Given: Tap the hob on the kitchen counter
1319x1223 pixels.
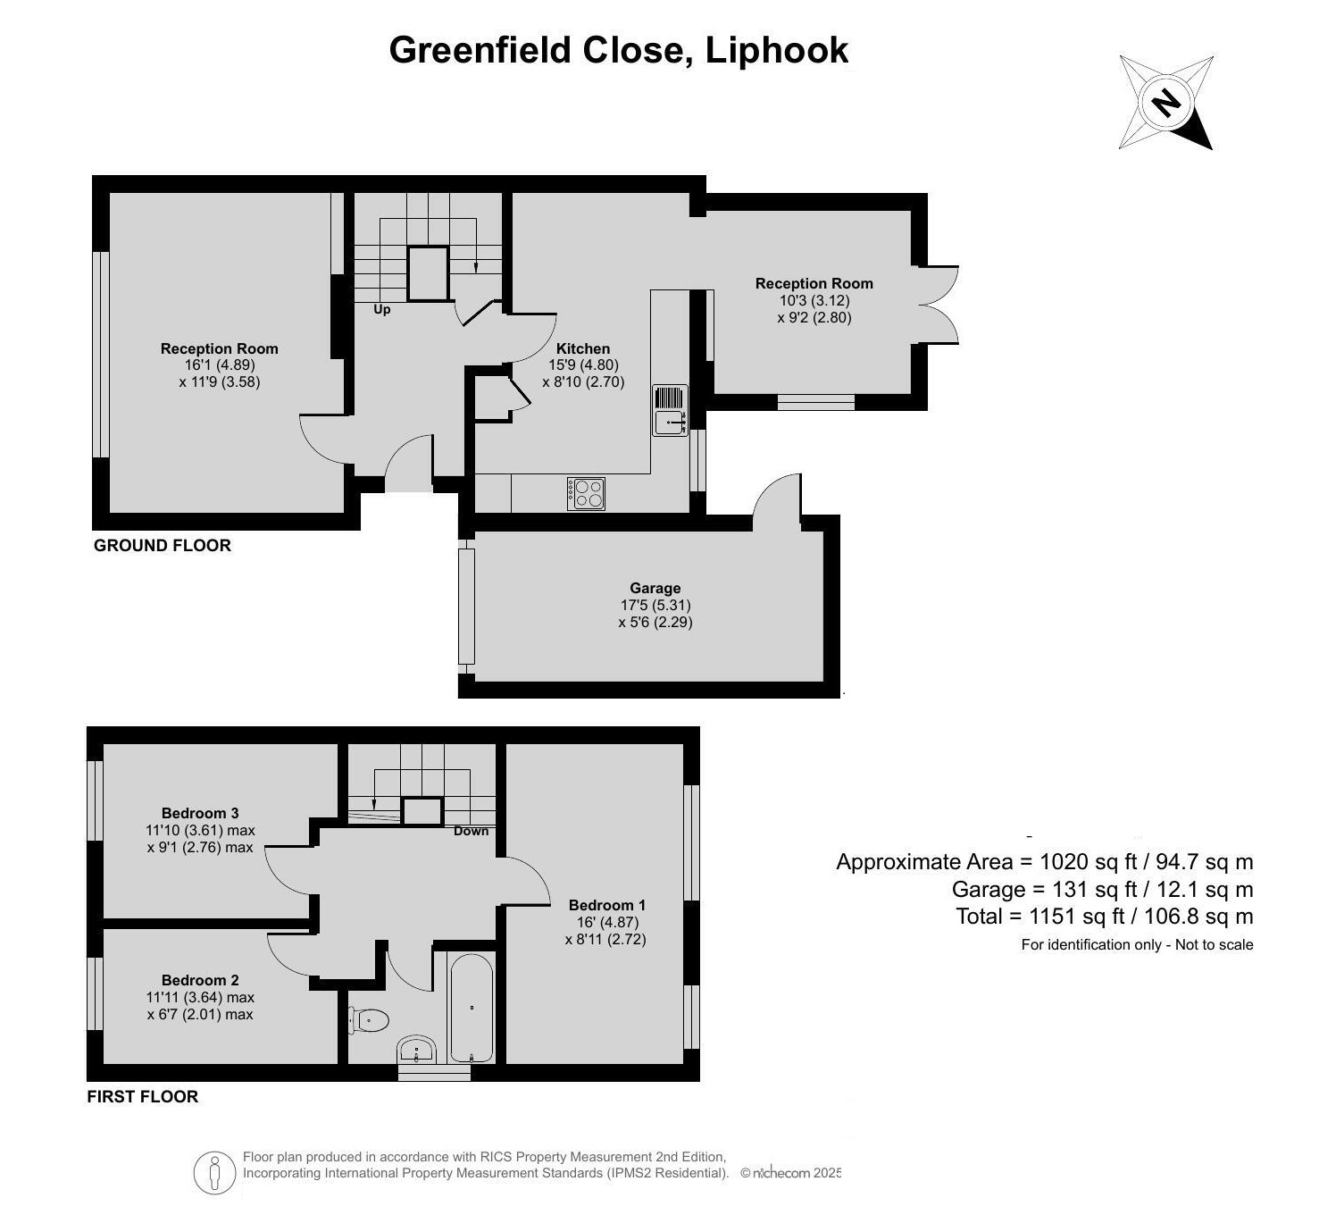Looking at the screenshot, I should (586, 494).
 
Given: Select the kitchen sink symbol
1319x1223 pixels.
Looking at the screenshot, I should (670, 411).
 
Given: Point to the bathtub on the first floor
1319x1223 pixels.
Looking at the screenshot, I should (471, 1008).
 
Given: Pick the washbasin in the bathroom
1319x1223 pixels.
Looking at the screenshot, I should (416, 1050).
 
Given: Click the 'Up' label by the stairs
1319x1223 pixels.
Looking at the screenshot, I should (382, 310).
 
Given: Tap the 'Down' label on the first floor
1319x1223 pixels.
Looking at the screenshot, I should (471, 832).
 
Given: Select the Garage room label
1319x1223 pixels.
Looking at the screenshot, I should (655, 588).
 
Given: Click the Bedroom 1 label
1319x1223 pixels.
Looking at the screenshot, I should (606, 905).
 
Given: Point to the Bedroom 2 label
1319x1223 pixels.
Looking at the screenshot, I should (200, 980).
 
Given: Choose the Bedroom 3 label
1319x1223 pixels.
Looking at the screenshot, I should (200, 813).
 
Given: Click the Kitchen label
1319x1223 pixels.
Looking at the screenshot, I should (583, 348).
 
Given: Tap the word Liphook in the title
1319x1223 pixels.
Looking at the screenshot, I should (776, 50).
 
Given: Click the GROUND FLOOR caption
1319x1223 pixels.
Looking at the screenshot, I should (163, 546).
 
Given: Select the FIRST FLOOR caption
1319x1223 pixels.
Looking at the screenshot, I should (143, 1097).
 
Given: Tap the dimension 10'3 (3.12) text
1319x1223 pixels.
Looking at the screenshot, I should (814, 301).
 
